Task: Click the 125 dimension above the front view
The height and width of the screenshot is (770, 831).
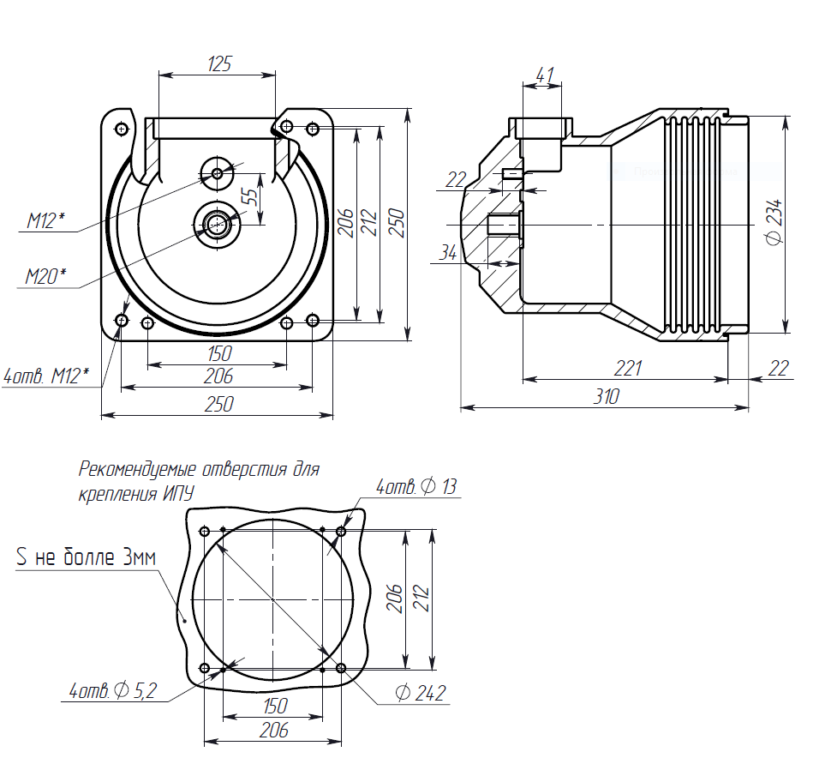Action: click(219, 64)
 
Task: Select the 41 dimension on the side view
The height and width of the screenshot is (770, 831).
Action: click(543, 75)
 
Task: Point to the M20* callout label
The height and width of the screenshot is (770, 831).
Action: click(45, 276)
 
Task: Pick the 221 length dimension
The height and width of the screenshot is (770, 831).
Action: click(628, 368)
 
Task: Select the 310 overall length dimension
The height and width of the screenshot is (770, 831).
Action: click(607, 396)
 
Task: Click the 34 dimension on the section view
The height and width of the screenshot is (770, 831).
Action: click(448, 252)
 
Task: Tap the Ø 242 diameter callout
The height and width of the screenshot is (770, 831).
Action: click(421, 693)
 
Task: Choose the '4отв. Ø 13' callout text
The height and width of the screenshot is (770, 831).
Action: click(416, 487)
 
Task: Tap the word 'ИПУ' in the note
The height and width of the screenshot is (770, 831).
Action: click(177, 495)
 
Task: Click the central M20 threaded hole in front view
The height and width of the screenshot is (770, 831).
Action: click(216, 225)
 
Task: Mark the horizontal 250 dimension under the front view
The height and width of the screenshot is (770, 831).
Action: click(218, 404)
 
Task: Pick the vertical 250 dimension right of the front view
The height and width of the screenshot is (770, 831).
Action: click(394, 224)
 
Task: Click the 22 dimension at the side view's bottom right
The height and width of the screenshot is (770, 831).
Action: click(778, 368)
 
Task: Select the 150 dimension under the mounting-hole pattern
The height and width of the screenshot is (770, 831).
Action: click(274, 706)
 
